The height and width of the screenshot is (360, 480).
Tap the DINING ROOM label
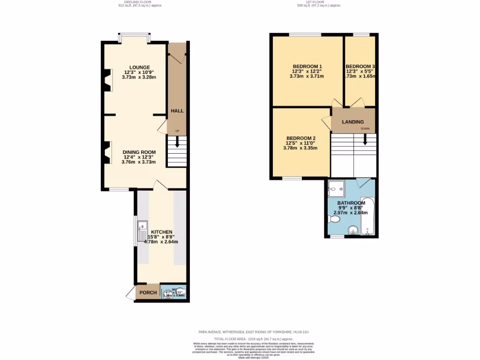click(x=139, y=152)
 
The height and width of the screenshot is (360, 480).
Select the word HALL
click(x=177, y=111)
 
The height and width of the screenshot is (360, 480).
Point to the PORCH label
click(x=148, y=292)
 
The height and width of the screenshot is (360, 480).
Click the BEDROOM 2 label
click(x=300, y=138)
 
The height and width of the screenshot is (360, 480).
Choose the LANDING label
click(x=352, y=122)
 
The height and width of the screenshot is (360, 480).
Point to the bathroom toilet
click(x=333, y=218)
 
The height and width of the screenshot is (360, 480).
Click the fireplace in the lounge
click(x=108, y=80)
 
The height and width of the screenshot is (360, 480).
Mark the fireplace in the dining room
click(x=108, y=153)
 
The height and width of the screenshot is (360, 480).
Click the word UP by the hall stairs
click(x=177, y=131)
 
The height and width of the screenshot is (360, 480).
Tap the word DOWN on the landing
click(x=365, y=128)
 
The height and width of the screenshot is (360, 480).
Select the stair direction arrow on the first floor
click(x=365, y=140)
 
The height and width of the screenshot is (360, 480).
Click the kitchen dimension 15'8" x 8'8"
click(x=161, y=237)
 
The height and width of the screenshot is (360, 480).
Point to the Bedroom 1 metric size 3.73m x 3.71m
click(x=307, y=76)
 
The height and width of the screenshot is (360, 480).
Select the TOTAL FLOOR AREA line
click(x=254, y=338)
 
